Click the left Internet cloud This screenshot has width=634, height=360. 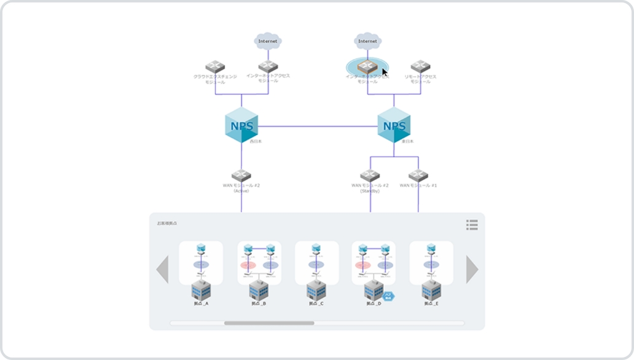click(268, 41)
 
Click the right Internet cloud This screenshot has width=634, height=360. click(367, 41)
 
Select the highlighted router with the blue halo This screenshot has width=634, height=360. click(367, 67)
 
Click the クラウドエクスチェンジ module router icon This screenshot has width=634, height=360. click(215, 66)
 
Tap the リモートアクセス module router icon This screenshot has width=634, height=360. click(420, 66)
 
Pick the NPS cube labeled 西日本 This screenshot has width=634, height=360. click(241, 125)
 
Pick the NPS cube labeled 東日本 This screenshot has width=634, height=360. click(394, 125)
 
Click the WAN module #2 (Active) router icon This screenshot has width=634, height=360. click(241, 175)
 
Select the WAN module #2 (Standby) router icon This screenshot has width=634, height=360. click(370, 175)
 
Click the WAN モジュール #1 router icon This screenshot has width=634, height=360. click(418, 175)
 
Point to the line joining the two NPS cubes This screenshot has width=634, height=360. click(317, 126)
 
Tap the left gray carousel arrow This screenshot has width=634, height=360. click(163, 269)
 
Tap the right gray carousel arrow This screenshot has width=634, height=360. click(472, 269)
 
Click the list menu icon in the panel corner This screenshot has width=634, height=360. click(472, 225)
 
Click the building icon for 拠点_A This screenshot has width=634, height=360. click(201, 290)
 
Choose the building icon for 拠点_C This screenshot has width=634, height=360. click(316, 290)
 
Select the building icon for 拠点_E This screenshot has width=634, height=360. click(431, 290)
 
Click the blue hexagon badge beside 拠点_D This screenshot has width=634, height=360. click(388, 296)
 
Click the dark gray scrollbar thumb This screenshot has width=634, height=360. click(269, 323)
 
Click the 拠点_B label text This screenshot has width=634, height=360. click(259, 303)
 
